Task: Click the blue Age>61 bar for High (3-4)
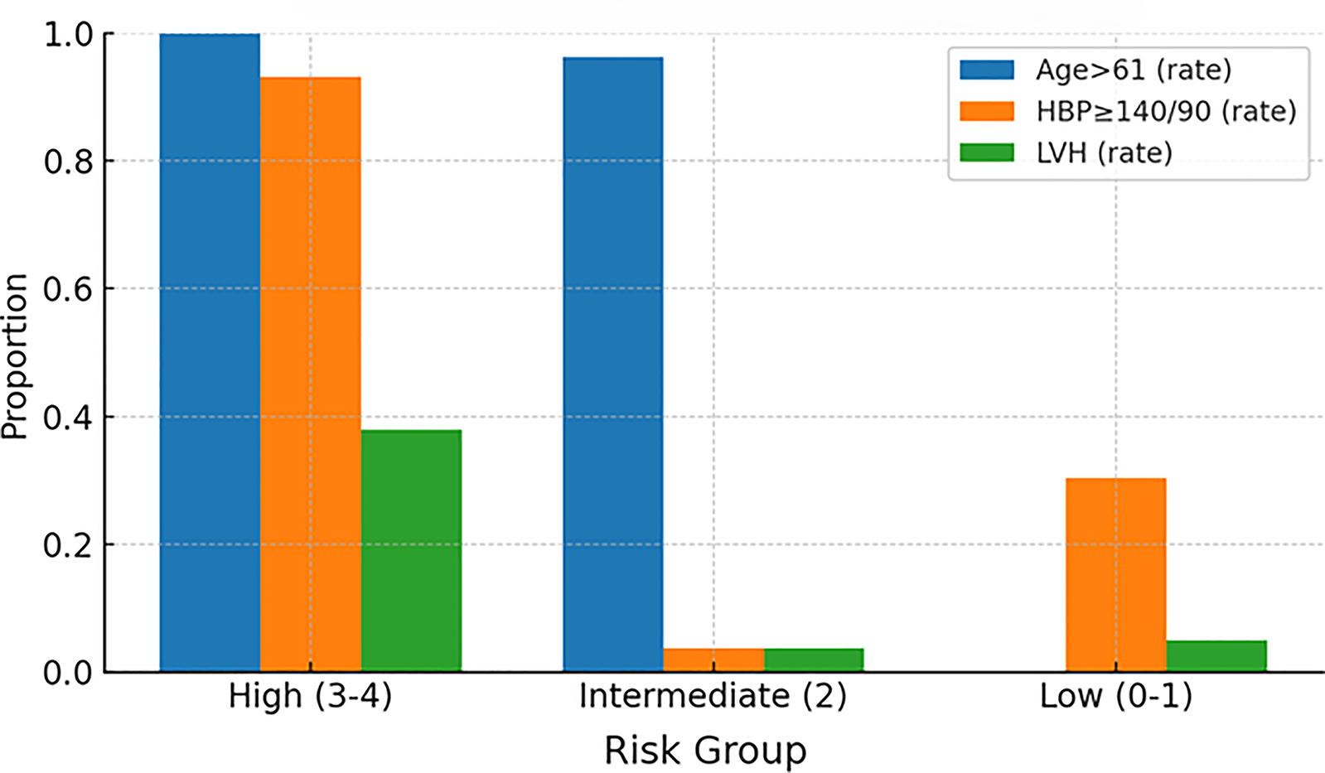point(210,352)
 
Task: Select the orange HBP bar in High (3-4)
point(310,374)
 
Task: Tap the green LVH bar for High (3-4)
point(411,551)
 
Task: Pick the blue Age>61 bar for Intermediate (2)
point(612,365)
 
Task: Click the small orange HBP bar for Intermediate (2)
point(713,660)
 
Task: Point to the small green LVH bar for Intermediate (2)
point(814,660)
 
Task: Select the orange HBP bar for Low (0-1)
point(1115,575)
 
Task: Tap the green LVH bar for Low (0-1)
point(1216,656)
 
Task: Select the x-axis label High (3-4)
point(310,696)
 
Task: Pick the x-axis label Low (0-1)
point(1115,696)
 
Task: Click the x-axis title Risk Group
point(704,751)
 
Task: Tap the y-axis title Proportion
point(15,356)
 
